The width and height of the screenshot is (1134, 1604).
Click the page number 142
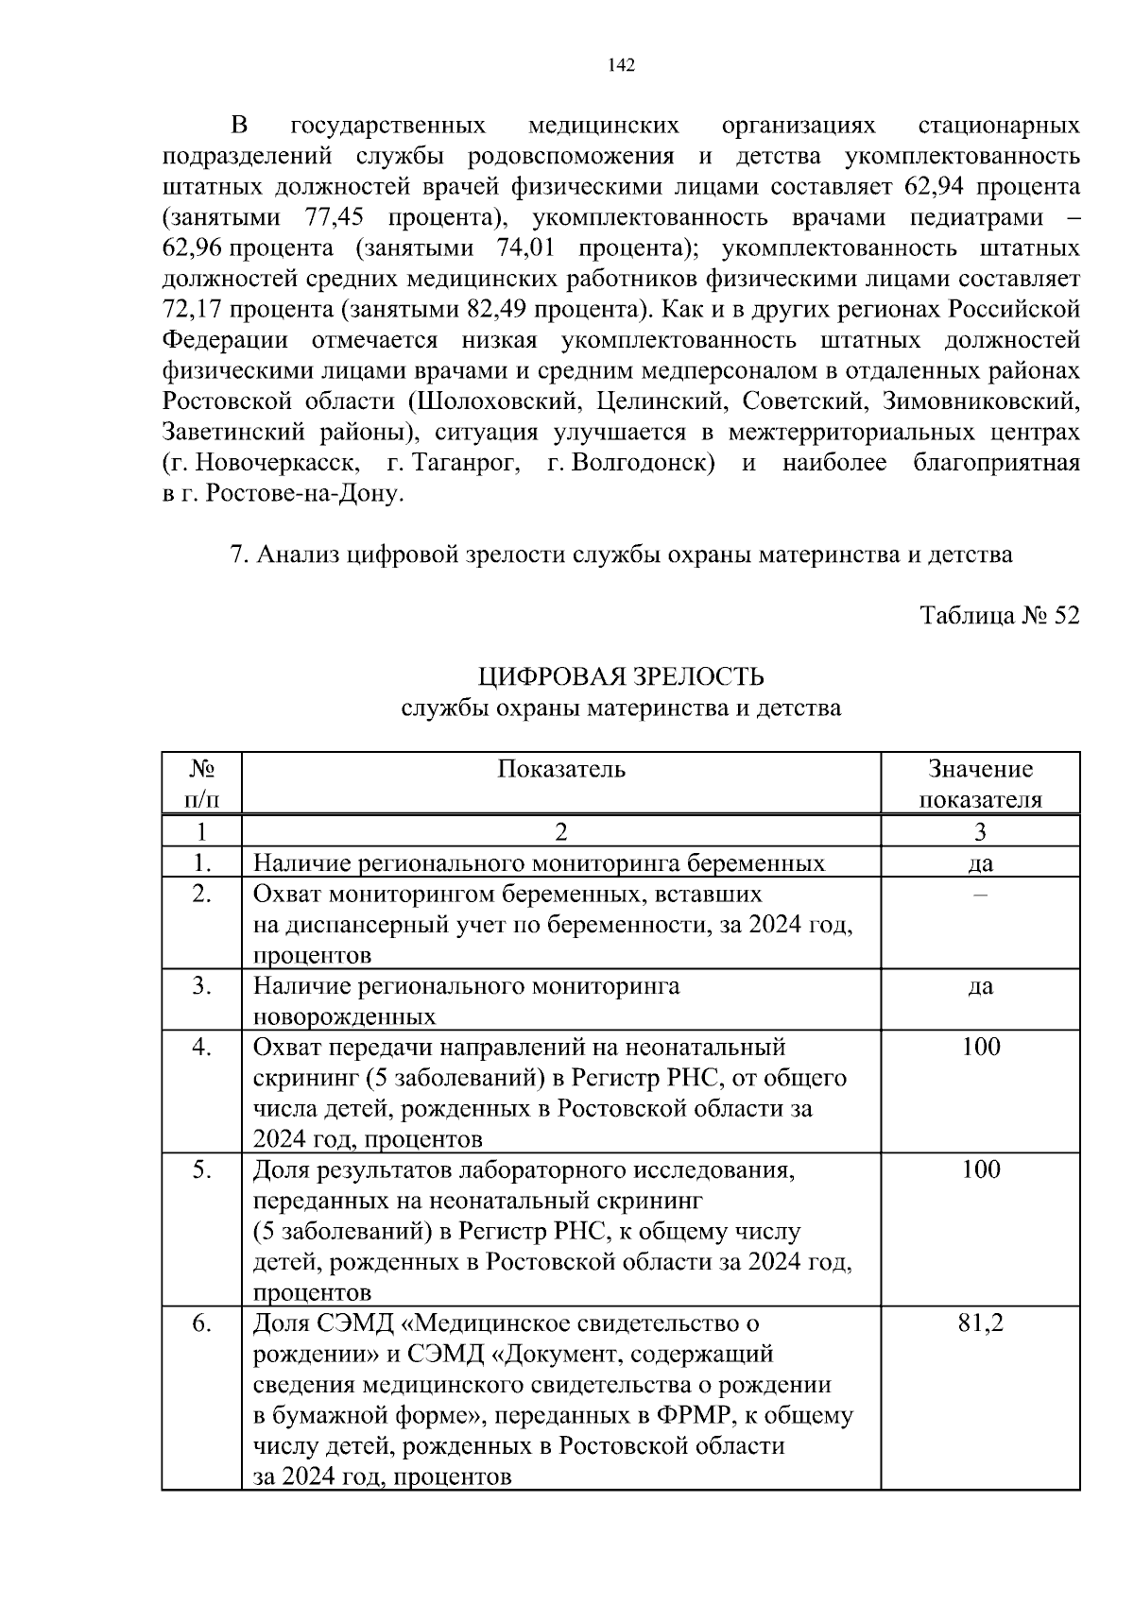(x=622, y=65)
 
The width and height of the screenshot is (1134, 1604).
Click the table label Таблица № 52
(x=1000, y=616)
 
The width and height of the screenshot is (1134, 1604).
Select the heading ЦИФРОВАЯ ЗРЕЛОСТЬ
(x=621, y=677)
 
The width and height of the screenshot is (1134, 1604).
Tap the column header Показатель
(x=561, y=769)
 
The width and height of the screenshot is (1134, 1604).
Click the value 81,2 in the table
(x=980, y=1323)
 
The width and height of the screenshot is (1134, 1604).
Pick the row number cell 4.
(x=201, y=1047)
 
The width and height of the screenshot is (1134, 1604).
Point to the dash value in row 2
(x=980, y=894)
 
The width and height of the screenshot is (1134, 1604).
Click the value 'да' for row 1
(x=980, y=862)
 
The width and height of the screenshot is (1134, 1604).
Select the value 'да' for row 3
(x=980, y=986)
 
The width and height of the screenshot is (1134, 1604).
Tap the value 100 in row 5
(x=980, y=1169)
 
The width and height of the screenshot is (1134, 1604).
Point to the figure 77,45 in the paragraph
(x=335, y=217)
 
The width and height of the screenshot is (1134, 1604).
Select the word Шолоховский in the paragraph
(x=493, y=401)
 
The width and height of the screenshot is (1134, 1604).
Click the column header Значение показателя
(x=980, y=784)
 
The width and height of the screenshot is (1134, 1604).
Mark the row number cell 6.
(x=201, y=1323)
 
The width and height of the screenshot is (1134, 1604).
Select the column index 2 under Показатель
(x=561, y=831)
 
